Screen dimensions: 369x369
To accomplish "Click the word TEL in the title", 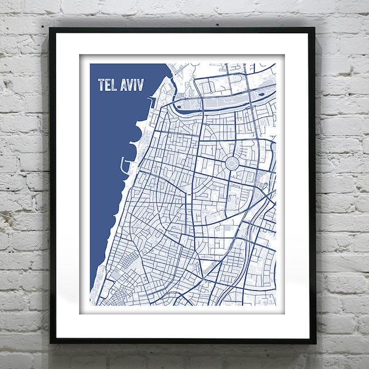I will coord(108,85).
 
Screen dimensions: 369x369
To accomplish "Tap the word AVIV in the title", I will coord(132,85).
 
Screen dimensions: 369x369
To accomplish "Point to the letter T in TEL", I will coord(101,85).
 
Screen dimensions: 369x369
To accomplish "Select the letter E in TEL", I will coord(108,85).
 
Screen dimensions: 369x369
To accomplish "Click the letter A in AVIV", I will coord(124,85).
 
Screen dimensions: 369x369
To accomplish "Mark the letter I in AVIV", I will coord(135,85).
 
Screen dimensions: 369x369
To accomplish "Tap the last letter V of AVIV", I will coord(141,85).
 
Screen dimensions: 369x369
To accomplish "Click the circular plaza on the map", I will coord(232,164).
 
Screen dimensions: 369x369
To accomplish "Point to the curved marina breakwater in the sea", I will coord(125,165).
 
